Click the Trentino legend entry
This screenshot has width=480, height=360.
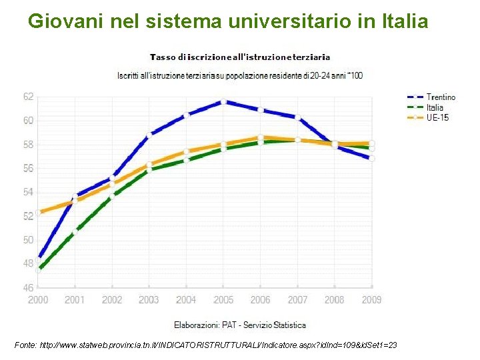click(x=441, y=97)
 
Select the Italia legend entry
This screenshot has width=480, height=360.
click(x=435, y=107)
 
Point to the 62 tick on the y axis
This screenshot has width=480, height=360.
click(x=28, y=97)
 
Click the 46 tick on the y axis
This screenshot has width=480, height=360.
click(x=28, y=288)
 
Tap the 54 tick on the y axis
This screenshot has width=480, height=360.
click(x=28, y=192)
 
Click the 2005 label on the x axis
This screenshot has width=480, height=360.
click(x=223, y=300)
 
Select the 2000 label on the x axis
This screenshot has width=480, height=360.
click(x=38, y=300)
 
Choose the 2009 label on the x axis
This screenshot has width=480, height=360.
click(x=371, y=300)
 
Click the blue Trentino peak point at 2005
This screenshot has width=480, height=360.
click(x=224, y=102)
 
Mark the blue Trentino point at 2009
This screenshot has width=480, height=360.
click(x=372, y=159)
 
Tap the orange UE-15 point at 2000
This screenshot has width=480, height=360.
click(x=39, y=213)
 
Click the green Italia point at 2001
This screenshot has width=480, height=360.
click(x=75, y=233)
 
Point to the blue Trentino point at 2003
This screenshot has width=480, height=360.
click(x=149, y=134)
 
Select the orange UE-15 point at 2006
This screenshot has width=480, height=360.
click(x=261, y=137)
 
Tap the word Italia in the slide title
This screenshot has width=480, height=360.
click(x=403, y=21)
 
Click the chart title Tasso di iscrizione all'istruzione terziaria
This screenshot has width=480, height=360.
click(x=240, y=57)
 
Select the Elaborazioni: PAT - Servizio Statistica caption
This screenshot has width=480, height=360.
click(x=240, y=325)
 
